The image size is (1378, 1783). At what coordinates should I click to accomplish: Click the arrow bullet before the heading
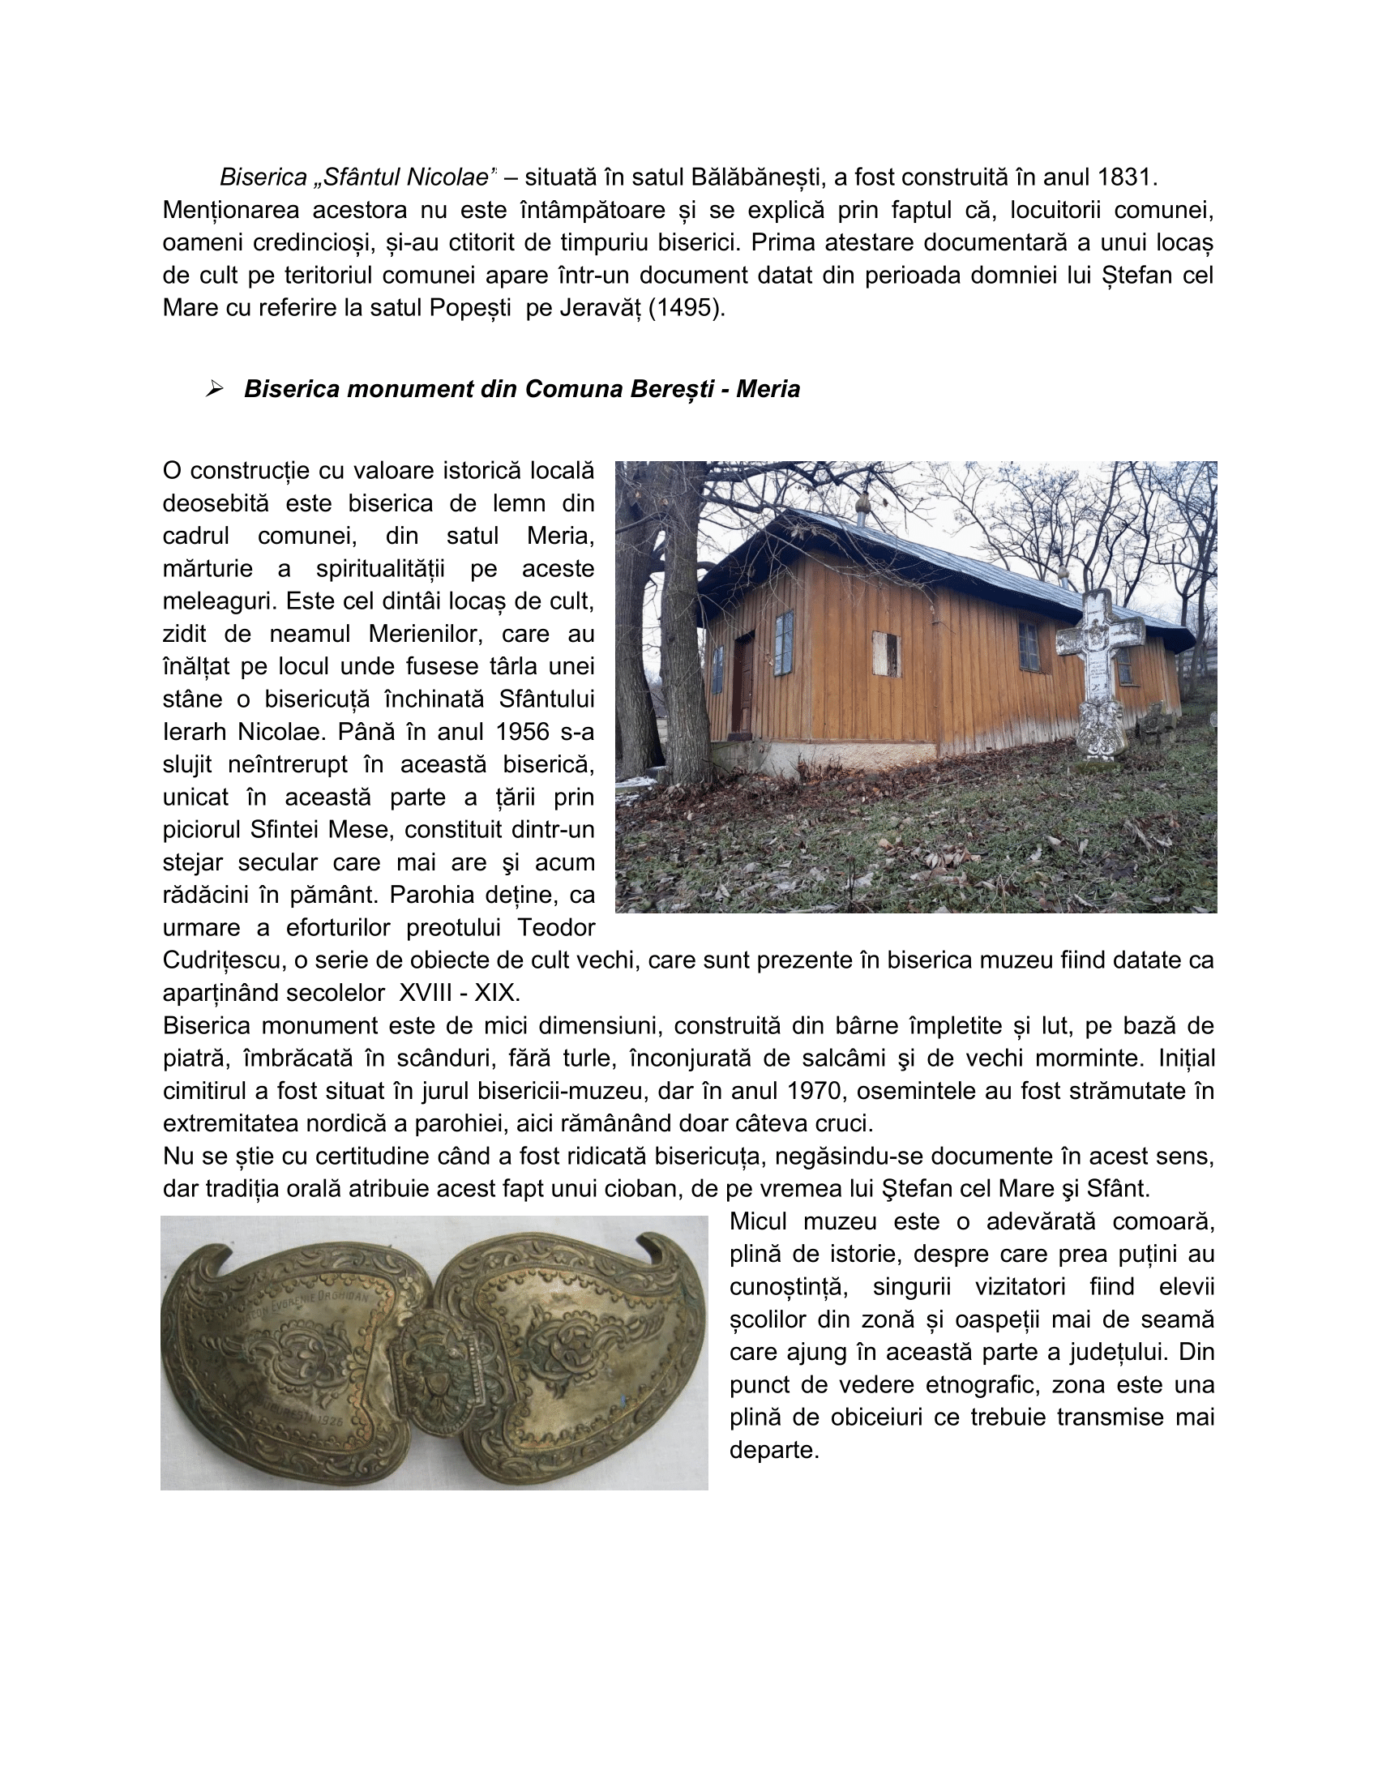pyautogui.click(x=215, y=388)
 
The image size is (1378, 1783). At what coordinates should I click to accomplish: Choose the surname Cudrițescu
pyautogui.click(x=219, y=960)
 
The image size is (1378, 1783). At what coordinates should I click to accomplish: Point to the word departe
pyautogui.click(x=773, y=1450)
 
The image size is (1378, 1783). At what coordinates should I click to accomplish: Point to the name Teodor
pyautogui.click(x=556, y=927)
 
